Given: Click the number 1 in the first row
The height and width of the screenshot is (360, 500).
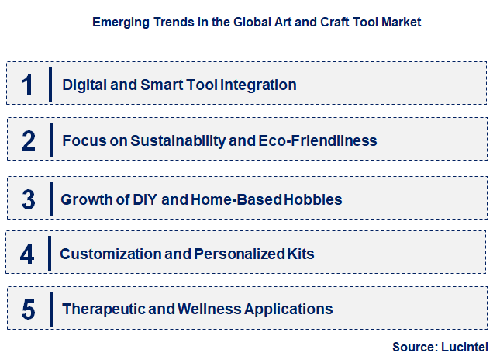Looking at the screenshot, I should click(x=28, y=84).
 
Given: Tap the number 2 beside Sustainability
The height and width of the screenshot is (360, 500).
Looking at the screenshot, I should click(x=29, y=140).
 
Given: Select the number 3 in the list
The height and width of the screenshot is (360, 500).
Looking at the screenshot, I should click(x=29, y=199).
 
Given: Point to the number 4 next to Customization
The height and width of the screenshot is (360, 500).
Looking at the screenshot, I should click(x=28, y=254).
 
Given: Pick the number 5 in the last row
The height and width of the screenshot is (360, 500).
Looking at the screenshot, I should click(x=29, y=309).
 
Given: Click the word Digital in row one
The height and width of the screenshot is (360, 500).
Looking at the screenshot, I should click(x=86, y=85).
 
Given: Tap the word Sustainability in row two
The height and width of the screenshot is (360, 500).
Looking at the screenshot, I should click(x=176, y=140).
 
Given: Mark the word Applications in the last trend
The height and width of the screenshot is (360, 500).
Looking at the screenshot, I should click(x=288, y=309).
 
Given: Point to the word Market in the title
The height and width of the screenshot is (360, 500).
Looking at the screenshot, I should click(x=401, y=22).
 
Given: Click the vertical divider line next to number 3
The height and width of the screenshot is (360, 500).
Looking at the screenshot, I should click(x=50, y=199).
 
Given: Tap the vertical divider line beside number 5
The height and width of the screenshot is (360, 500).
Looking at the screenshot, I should click(x=50, y=309).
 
